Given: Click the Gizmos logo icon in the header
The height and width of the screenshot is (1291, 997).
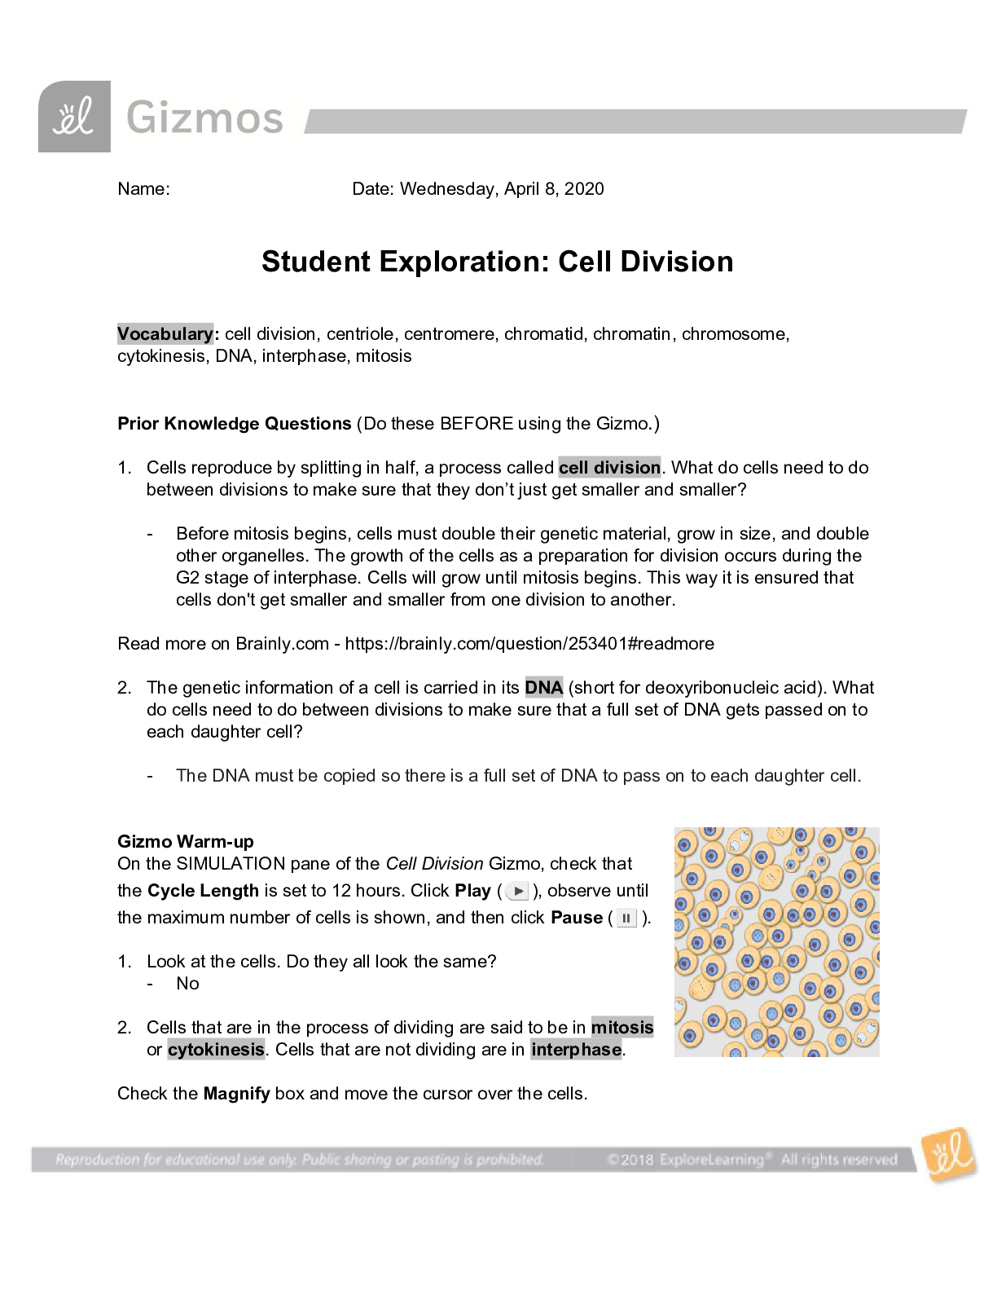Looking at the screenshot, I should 74,117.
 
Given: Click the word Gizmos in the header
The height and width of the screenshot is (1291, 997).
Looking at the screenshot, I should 204,118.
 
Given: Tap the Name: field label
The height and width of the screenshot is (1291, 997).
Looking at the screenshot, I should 143,189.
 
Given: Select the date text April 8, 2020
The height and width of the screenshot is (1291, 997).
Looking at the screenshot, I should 554,189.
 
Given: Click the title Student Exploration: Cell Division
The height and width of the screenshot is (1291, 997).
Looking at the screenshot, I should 497,262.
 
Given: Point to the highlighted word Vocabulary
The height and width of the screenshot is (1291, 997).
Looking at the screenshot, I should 165,334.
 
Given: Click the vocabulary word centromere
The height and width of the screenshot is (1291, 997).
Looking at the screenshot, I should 449,334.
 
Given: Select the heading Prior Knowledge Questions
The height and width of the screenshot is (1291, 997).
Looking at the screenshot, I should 235,424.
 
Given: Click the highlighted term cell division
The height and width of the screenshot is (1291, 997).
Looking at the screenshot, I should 609,468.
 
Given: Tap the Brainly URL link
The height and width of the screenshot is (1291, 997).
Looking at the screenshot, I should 529,644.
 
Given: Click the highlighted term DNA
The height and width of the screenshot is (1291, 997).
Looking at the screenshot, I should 544,688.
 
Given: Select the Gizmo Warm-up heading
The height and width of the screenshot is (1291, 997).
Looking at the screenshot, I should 186,842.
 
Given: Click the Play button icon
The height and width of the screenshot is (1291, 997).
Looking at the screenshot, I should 517,891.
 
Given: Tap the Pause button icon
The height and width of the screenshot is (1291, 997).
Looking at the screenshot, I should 626,919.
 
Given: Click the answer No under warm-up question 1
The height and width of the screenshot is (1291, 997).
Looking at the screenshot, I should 187,984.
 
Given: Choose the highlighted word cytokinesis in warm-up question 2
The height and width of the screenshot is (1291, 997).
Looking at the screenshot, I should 216,1050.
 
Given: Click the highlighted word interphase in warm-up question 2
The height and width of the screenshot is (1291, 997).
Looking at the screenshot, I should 577,1050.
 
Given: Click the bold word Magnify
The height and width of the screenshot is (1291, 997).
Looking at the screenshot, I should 236,1094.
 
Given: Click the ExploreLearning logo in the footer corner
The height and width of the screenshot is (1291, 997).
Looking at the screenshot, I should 948,1154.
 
